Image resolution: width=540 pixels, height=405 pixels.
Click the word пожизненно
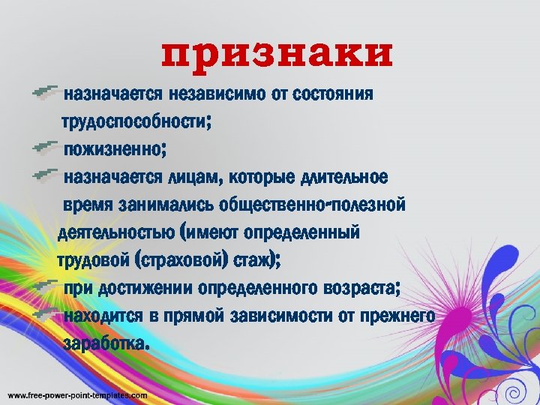coord(112,148)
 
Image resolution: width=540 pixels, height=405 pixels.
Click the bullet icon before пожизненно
coord(46,145)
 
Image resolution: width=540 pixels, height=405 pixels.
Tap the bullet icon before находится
coord(46,313)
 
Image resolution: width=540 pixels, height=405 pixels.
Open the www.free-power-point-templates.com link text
coord(77,395)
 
